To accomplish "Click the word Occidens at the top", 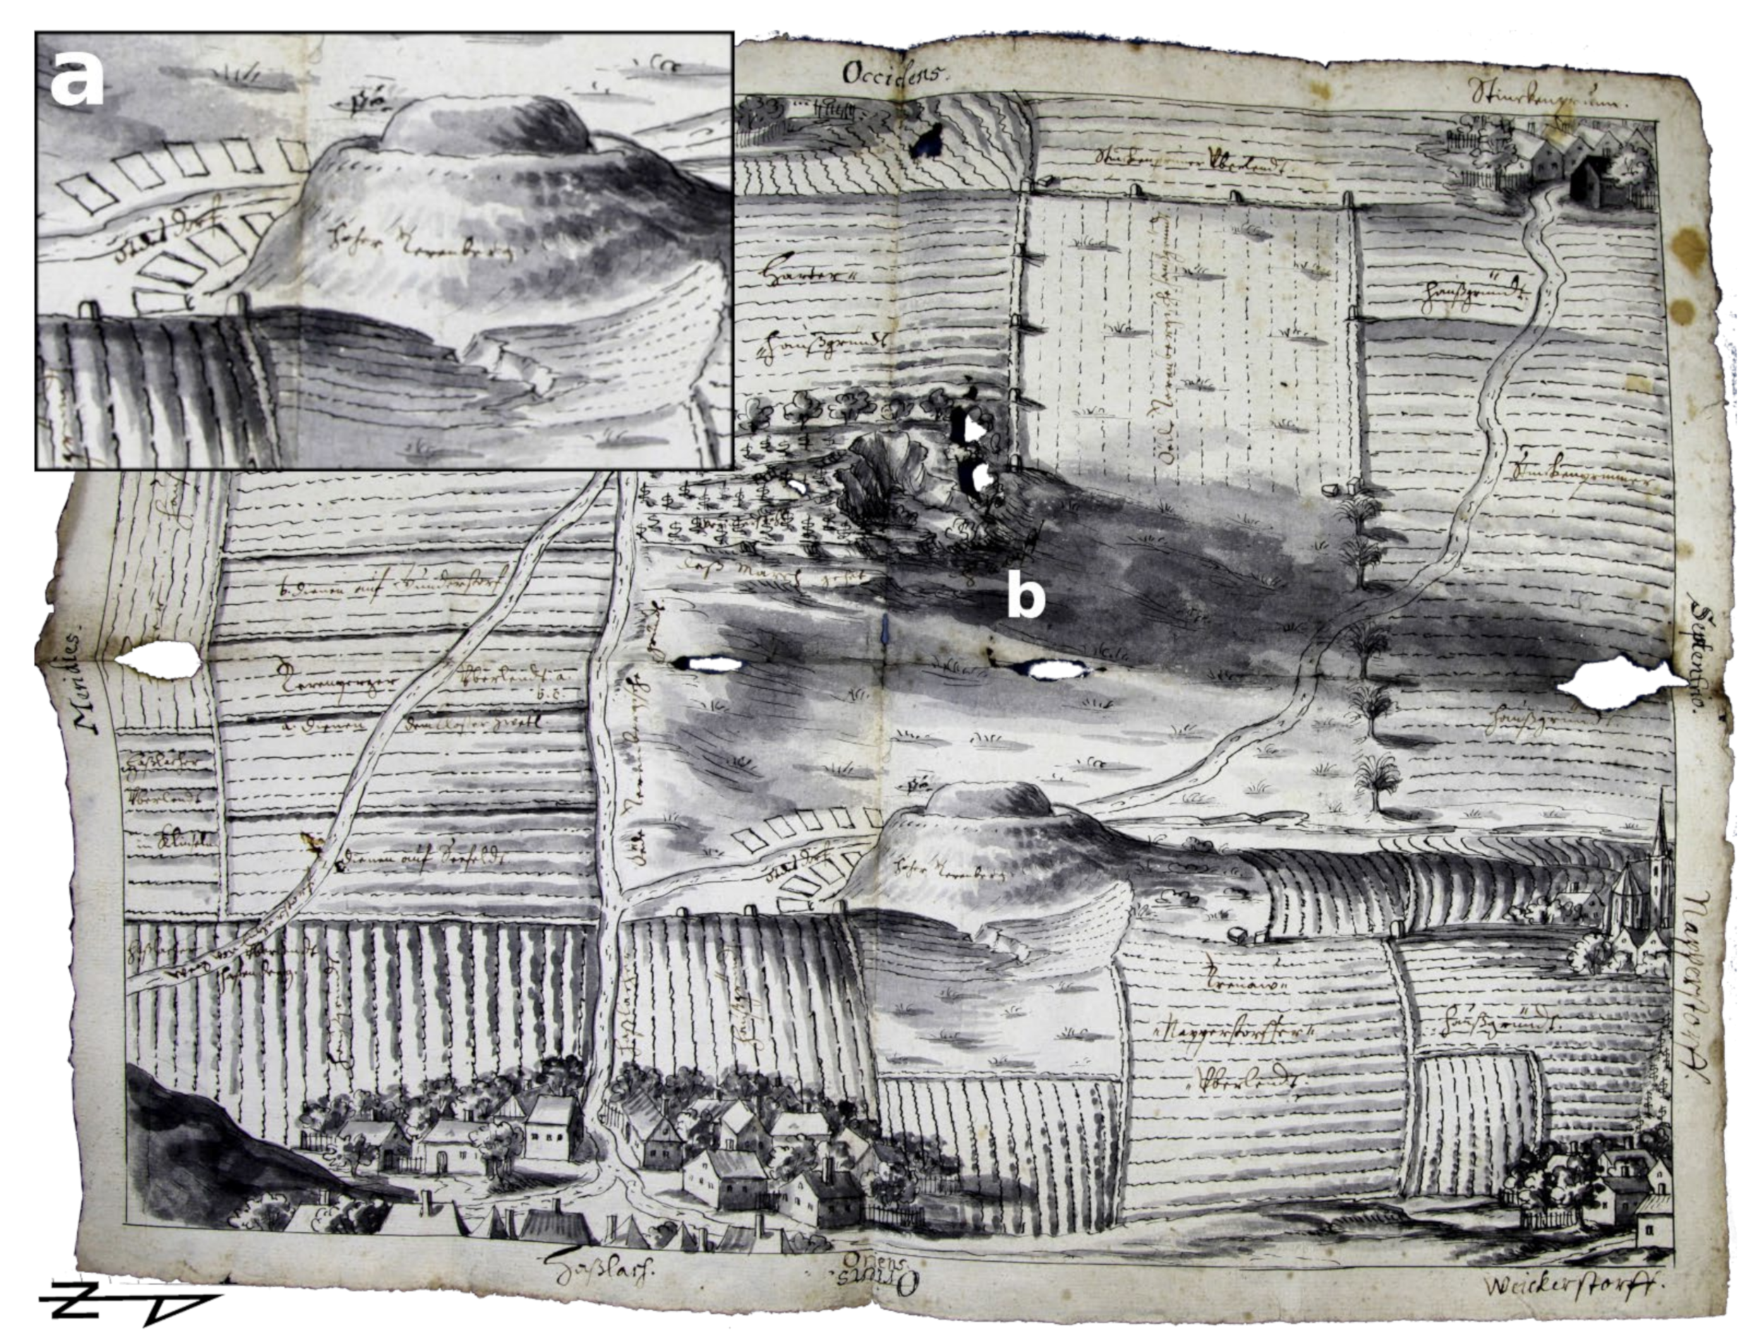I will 895,74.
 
